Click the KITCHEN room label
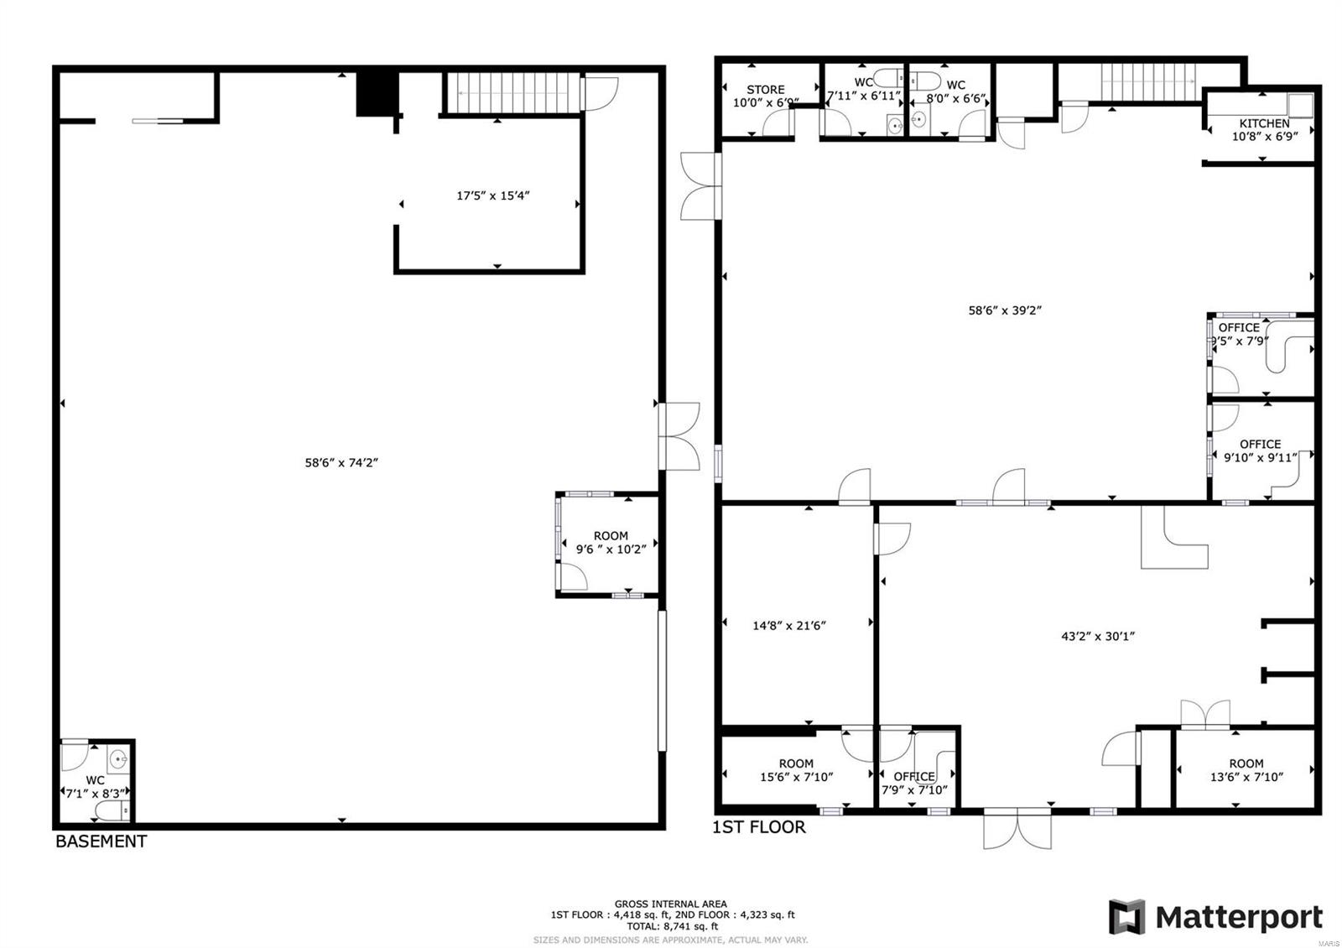(1264, 123)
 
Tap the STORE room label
(765, 90)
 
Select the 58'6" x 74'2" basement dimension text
(341, 462)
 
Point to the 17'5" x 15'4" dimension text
(492, 195)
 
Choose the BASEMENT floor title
(101, 841)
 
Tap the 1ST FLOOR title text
(758, 827)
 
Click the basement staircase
(512, 91)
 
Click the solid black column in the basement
(376, 93)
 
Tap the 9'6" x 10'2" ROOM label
(611, 543)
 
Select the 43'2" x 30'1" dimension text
(1097, 636)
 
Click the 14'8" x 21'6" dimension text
(788, 625)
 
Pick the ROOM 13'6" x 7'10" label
(1246, 770)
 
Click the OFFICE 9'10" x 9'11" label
(1260, 451)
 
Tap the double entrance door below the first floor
(1016, 827)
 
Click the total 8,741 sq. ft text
(672, 926)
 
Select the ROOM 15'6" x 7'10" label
(796, 770)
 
